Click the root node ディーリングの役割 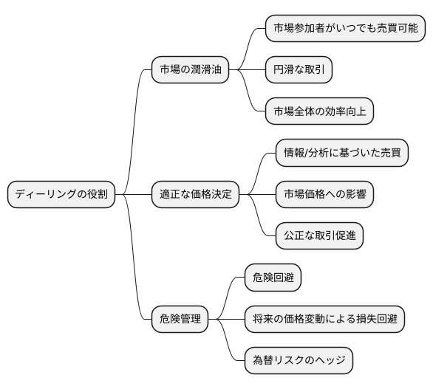[61, 195]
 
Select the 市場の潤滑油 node [189, 70]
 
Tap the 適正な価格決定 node [196, 195]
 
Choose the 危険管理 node [180, 320]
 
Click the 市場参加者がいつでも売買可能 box [345, 29]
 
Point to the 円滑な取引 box [299, 70]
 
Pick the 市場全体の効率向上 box [319, 111]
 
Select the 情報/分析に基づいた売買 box [341, 154]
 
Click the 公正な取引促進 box [318, 236]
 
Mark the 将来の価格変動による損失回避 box [324, 320]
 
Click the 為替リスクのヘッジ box [298, 361]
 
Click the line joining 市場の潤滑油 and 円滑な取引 [247, 70]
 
